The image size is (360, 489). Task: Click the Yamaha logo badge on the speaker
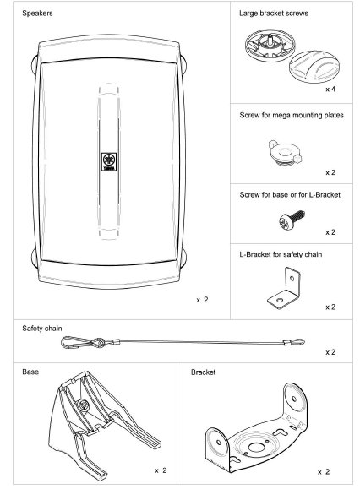pos(109,161)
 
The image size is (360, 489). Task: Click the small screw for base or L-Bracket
pos(286,222)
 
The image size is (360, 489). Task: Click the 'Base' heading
pos(30,371)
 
